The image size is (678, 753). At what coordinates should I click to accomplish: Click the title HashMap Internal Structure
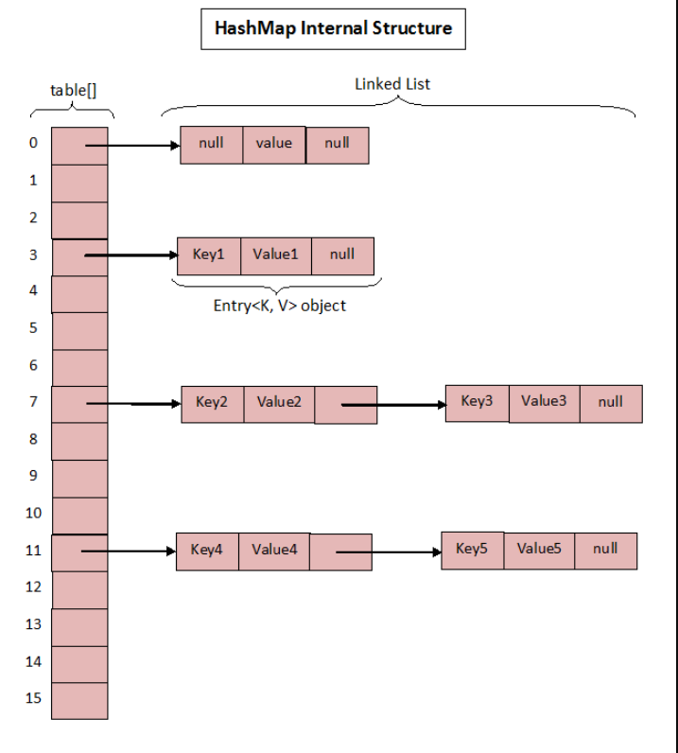333,28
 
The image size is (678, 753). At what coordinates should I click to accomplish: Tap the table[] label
73,91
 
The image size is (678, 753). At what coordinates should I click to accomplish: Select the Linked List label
392,83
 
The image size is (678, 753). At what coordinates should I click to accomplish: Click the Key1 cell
208,254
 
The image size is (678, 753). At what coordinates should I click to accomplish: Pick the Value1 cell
275,254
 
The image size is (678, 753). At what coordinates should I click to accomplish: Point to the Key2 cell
212,403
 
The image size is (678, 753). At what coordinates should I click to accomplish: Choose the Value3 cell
544,402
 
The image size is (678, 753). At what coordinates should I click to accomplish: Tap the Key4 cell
206,551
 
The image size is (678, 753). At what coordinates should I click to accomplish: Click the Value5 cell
539,550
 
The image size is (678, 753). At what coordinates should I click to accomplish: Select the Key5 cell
472,550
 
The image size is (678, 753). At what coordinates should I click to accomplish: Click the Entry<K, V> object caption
279,306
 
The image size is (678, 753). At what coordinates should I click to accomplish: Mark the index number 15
33,698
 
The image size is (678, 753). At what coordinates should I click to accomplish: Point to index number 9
33,476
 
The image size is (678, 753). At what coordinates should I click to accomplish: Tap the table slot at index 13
79,625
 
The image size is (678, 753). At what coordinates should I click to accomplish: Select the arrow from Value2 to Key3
392,405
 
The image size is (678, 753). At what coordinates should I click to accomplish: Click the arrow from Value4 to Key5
388,552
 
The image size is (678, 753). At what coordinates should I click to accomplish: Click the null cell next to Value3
611,402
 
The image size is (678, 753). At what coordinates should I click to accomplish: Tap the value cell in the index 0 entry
274,144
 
